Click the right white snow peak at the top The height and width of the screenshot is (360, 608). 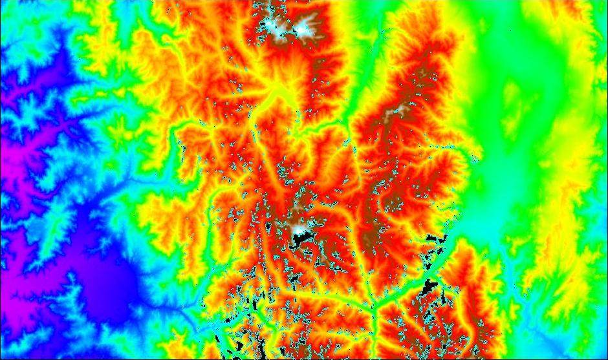click(x=305, y=27)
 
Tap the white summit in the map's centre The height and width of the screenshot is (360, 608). click(x=300, y=228)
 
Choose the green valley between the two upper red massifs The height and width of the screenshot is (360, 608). click(x=362, y=84)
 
